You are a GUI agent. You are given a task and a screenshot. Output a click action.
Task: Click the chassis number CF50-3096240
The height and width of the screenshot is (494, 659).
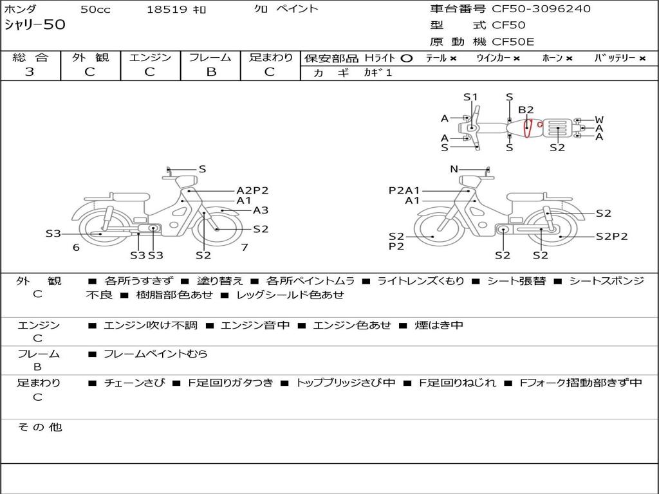541,9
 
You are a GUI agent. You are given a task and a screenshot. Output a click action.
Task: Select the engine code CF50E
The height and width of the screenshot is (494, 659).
513,42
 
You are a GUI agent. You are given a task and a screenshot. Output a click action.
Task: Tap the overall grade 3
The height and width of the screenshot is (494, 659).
30,72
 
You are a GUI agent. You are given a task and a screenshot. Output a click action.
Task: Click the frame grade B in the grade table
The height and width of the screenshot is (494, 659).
211,72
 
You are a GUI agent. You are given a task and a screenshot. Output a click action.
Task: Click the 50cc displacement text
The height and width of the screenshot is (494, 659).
95,9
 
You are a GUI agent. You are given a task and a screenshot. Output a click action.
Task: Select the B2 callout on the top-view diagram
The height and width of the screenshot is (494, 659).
526,110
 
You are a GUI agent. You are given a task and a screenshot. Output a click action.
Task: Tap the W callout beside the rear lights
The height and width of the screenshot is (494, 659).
599,120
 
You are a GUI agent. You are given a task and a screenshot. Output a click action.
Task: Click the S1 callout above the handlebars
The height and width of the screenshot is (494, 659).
470,97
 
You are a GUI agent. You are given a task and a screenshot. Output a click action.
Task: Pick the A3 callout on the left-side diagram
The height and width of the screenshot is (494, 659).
261,210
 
